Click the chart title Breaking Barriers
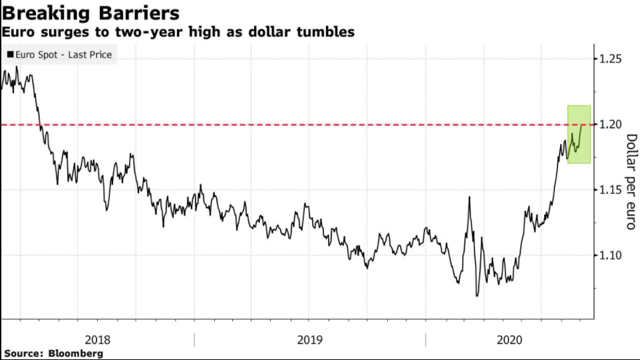pos(90,13)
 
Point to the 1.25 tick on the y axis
pos(609,60)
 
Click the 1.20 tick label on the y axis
pos(609,124)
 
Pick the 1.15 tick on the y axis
pos(609,190)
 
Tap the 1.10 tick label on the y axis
pos(609,255)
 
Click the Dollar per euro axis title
pos(631,181)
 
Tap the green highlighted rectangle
pos(578,134)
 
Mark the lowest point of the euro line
pos(476,295)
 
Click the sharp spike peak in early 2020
pos(469,197)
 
